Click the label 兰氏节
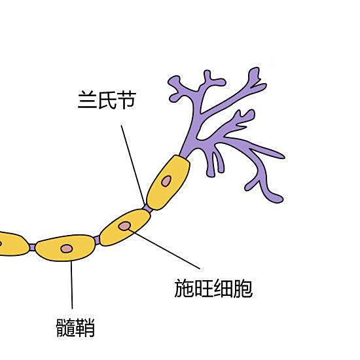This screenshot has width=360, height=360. [107, 100]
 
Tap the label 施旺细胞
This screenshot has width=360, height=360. [213, 289]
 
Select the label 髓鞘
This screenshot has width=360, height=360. [75, 328]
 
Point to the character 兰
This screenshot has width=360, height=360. [87, 100]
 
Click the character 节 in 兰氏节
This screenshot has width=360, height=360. [127, 100]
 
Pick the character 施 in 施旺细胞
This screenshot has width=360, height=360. [184, 289]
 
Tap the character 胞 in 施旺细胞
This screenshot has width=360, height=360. [243, 289]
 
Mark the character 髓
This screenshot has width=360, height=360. [66, 328]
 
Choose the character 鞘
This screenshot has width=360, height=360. [85, 328]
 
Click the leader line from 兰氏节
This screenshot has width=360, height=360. [133, 165]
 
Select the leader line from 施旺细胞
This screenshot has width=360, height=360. [164, 249]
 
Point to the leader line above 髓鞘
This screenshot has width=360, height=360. [71, 285]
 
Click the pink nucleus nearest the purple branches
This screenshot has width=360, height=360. [166, 181]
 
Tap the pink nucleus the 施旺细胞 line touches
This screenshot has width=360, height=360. [124, 226]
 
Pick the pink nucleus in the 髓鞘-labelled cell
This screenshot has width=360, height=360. [67, 249]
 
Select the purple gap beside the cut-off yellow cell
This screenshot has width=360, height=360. [32, 247]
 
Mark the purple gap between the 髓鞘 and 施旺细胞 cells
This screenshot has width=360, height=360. [97, 240]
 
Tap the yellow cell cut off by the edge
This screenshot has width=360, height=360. [13, 244]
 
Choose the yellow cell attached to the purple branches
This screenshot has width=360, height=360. [168, 183]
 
